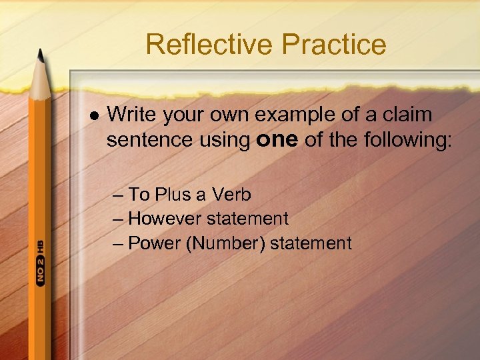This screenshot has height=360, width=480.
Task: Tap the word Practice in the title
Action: [334, 45]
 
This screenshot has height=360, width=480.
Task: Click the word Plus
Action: [173, 195]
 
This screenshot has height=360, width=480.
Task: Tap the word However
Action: [165, 219]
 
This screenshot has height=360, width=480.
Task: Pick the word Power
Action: [155, 243]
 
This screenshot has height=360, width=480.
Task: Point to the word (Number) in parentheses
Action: [225, 243]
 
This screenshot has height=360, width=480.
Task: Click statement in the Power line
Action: [311, 243]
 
